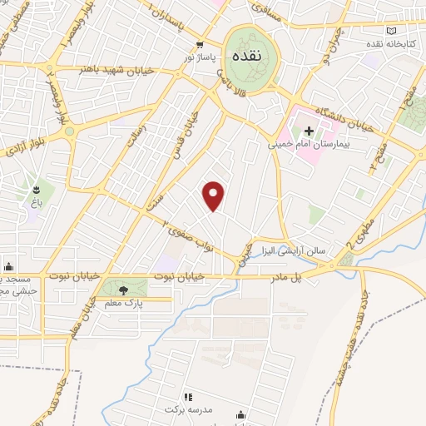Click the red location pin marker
coord(215,196)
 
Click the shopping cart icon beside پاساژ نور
coord(199,45)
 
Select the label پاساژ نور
coord(200,58)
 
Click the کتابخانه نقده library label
coord(398,42)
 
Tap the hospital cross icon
coord(309,131)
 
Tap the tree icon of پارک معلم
coord(123,290)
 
